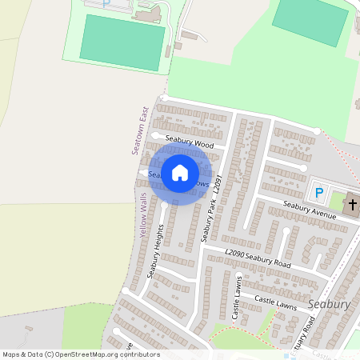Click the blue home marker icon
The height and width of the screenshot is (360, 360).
tap(180, 173)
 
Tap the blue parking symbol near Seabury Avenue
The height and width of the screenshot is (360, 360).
tap(319, 193)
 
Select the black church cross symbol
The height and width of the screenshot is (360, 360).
tap(352, 206)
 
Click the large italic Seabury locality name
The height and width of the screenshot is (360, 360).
tap(328, 305)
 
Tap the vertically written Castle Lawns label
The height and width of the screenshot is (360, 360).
tap(237, 297)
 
